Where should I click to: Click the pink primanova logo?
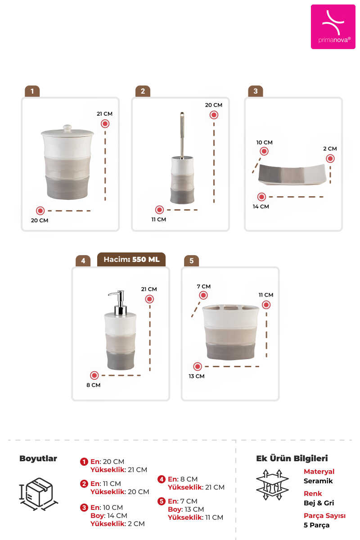[333, 27]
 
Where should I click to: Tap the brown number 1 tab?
[32, 91]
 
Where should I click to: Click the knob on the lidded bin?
[67, 128]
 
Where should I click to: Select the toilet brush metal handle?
[182, 134]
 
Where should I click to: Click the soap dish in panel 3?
[292, 174]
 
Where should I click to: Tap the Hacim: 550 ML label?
[131, 259]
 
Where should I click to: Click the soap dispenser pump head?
[118, 302]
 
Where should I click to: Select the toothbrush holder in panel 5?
[230, 332]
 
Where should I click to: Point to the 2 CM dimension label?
[330, 148]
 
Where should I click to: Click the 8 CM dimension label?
[93, 385]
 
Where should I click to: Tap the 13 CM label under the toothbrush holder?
[196, 376]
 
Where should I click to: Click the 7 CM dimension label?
[203, 286]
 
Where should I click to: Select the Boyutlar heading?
[38, 458]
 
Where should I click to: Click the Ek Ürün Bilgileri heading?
[292, 458]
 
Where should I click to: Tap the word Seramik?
[318, 481]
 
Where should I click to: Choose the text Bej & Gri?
[319, 503]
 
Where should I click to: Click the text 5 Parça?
[316, 525]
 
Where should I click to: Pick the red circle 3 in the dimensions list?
[84, 508]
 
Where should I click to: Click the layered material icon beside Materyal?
[272, 485]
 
